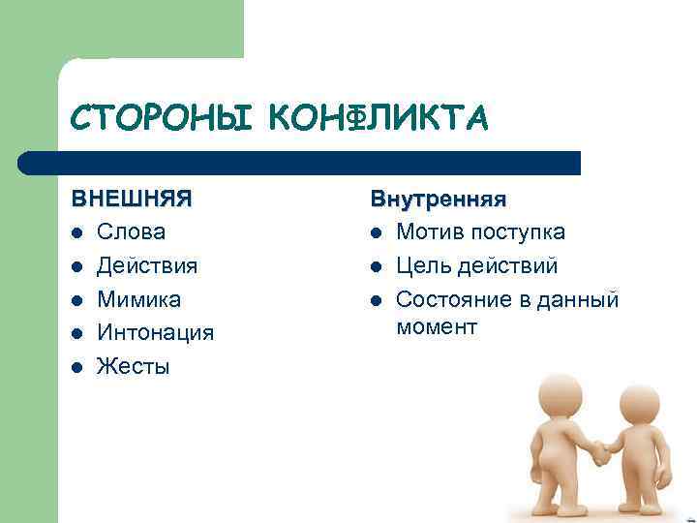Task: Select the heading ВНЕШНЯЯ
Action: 132,199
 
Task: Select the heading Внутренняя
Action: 439,199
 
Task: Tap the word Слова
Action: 132,232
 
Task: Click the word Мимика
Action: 139,299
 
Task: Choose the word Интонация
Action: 156,333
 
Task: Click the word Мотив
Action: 427,232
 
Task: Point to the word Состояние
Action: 451,299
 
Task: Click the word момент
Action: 437,327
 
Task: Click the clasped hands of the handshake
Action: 601,450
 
